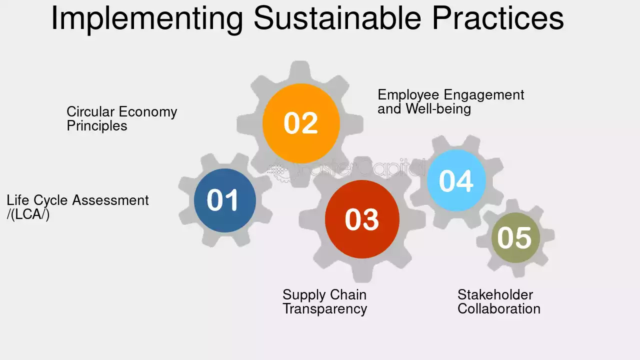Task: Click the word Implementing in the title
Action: tap(147, 18)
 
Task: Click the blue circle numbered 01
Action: tap(225, 200)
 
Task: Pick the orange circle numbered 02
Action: tap(301, 123)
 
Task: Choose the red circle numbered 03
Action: tap(362, 219)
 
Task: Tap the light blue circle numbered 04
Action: tap(456, 180)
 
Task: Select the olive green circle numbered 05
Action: tap(515, 237)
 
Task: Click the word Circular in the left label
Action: tap(90, 111)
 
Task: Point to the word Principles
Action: tap(97, 126)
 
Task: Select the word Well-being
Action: tap(438, 109)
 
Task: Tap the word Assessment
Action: tap(110, 200)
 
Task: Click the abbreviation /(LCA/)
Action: tap(28, 214)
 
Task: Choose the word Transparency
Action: tap(325, 309)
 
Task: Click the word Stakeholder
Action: tap(495, 294)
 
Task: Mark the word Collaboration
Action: tap(499, 309)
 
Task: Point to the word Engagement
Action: tap(484, 95)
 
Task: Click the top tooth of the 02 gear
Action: tap(300, 70)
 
